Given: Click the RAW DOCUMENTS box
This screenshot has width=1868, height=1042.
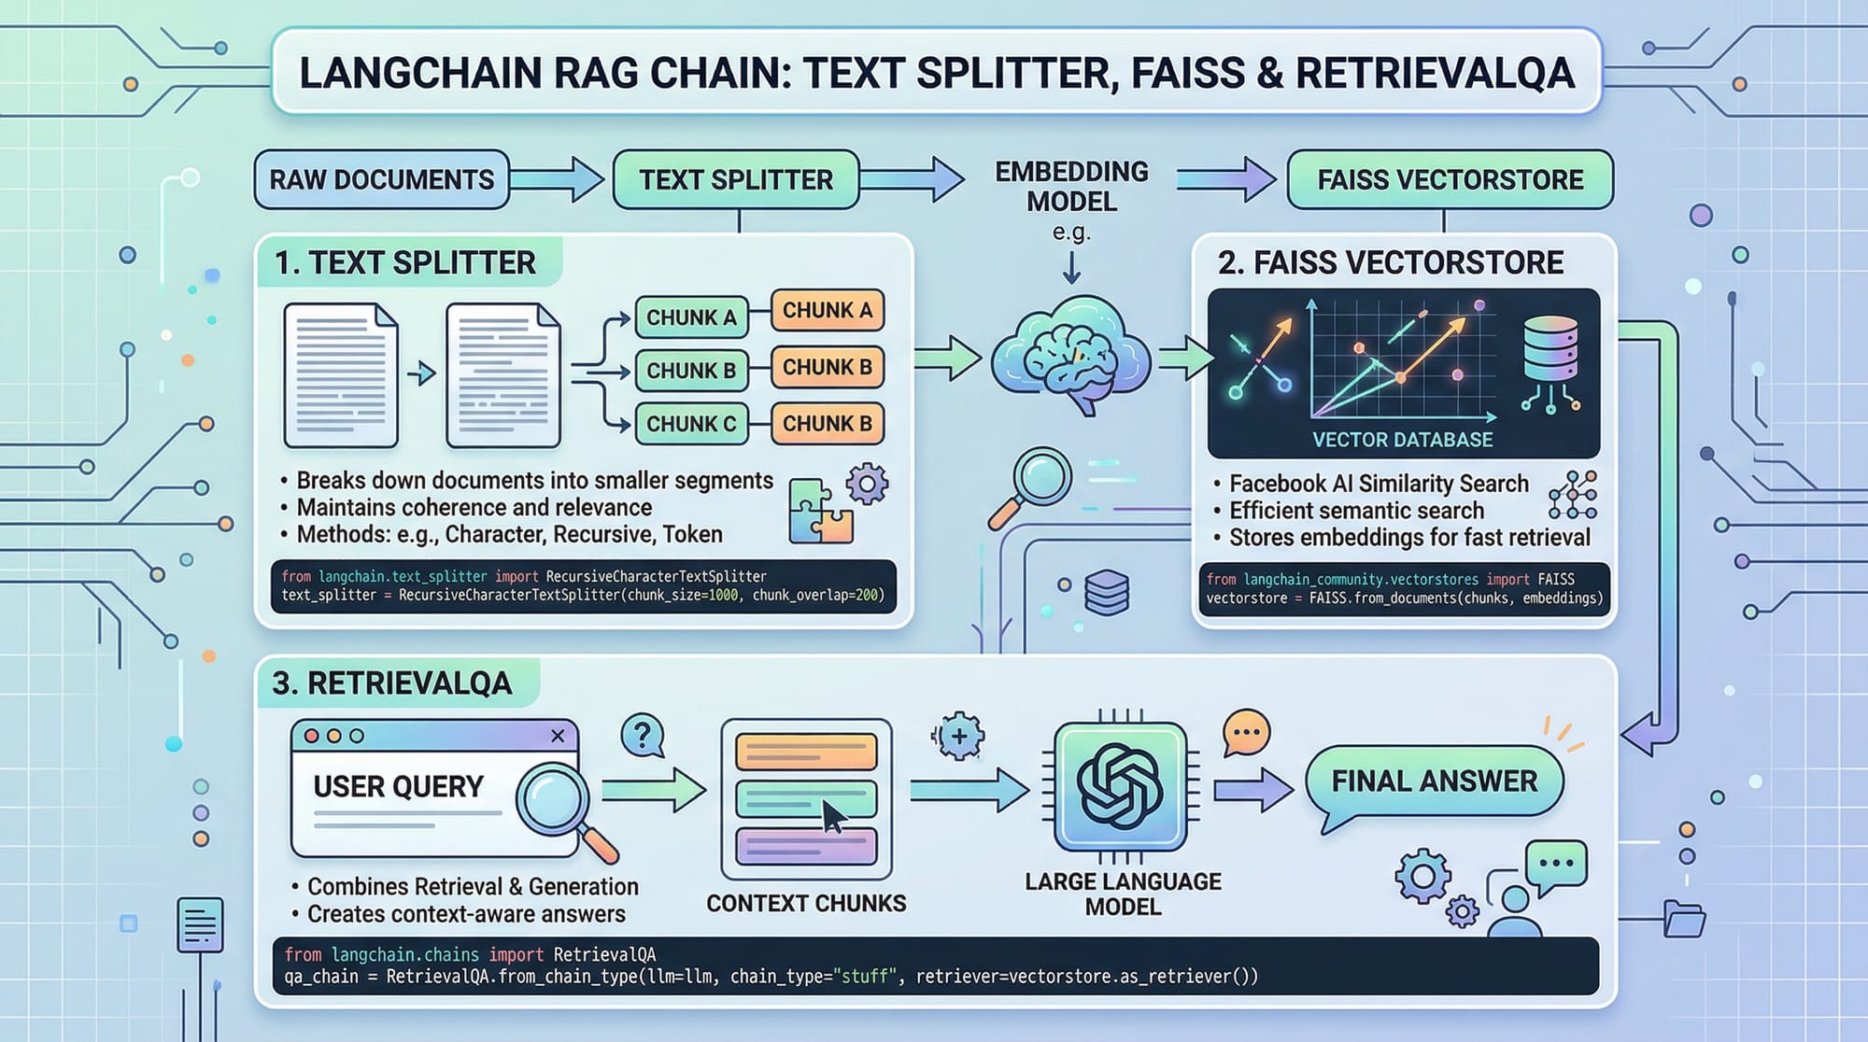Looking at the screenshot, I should [381, 179].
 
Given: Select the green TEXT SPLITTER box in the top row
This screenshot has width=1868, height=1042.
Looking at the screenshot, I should [736, 179].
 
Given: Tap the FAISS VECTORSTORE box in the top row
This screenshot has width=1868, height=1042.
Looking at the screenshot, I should [1450, 179].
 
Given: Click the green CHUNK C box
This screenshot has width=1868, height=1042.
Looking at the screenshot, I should [691, 424].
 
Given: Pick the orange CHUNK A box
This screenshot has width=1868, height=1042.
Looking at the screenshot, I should [828, 311].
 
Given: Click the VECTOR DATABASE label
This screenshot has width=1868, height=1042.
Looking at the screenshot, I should [1402, 440].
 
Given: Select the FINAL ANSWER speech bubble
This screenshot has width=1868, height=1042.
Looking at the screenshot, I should [1434, 781].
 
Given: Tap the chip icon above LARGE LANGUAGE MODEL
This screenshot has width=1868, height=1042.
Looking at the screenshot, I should [1120, 786].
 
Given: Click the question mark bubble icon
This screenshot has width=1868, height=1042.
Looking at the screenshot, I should [643, 736].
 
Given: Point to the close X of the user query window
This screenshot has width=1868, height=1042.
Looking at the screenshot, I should [558, 736].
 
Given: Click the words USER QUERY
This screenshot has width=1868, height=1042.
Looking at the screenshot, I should [399, 787].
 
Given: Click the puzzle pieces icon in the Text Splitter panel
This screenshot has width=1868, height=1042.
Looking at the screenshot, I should [820, 512].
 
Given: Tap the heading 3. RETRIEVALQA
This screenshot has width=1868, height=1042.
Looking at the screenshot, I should [392, 683].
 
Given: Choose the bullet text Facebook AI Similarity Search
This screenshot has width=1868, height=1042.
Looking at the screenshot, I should [1379, 484].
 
